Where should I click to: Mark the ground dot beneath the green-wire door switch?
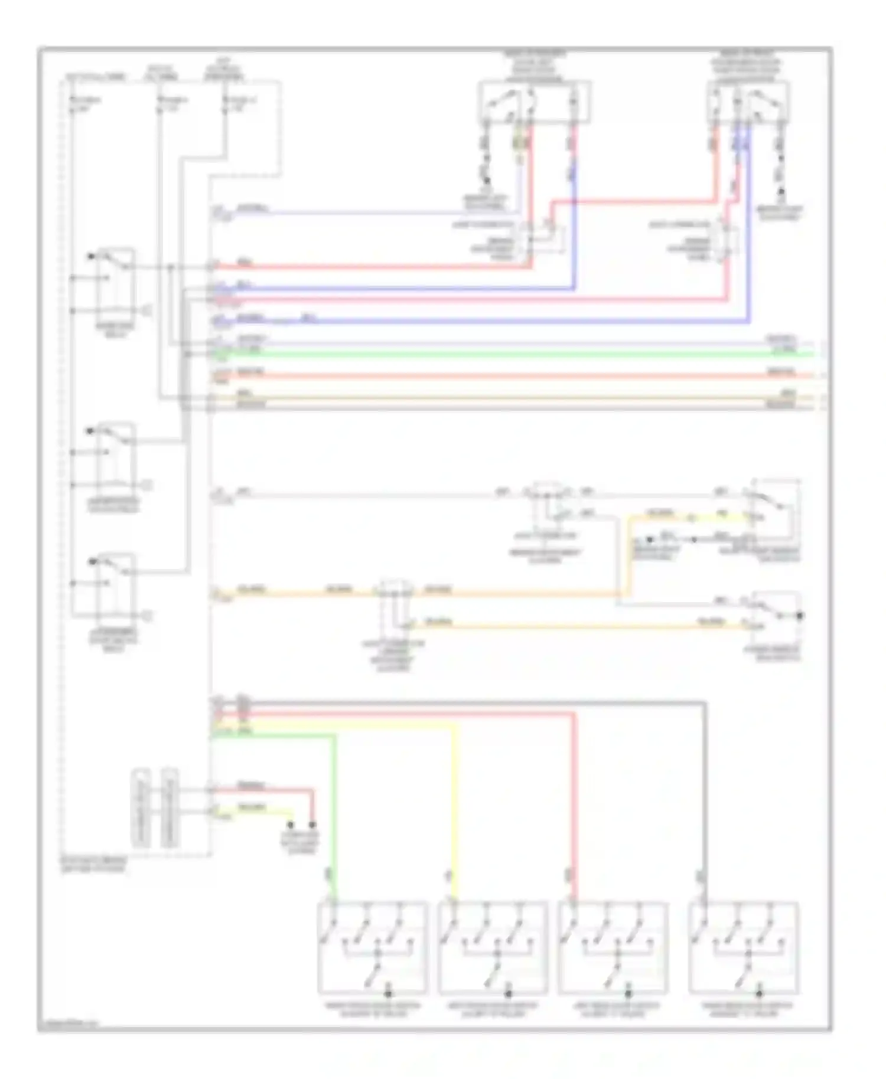[389, 995]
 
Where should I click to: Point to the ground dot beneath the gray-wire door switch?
[760, 995]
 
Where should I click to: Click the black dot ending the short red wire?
[312, 825]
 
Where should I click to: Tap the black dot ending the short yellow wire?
[290, 825]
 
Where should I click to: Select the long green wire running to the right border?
[508, 354]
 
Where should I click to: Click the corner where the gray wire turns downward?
[705, 703]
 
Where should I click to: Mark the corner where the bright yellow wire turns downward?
[454, 725]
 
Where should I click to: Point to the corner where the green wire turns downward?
[334, 737]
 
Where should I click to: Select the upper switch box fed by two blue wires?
[748, 104]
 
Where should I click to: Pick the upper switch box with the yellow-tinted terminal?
[534, 103]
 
